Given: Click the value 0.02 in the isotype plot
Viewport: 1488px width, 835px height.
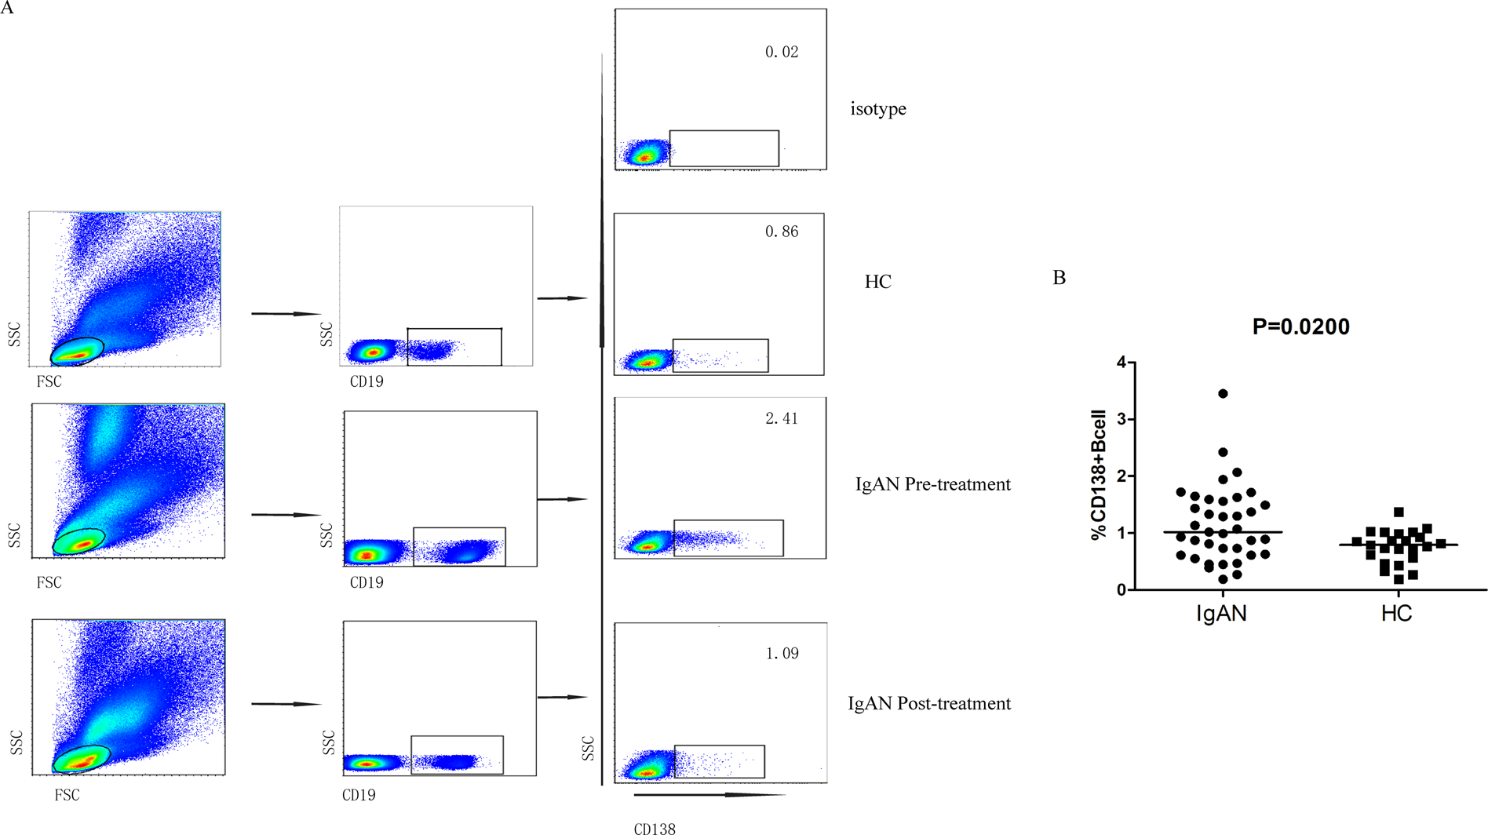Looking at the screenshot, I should [782, 53].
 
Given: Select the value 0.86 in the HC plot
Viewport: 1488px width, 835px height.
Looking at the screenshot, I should [782, 232].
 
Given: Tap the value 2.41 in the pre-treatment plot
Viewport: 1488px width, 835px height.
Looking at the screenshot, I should [782, 419].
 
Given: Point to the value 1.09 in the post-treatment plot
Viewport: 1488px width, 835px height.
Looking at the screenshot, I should [782, 654].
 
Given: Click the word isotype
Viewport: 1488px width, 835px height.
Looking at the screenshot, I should [878, 109].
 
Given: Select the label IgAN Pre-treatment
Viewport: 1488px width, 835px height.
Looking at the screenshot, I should [932, 484].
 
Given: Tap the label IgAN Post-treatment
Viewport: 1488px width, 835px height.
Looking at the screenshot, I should [929, 703].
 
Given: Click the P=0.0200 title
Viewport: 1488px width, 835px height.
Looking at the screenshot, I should [1300, 326].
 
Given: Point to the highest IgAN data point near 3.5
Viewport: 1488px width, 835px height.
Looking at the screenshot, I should [1223, 394].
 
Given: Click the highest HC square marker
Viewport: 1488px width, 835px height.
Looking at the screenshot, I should [1399, 512].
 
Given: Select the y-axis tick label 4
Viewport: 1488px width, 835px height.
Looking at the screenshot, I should [1121, 362].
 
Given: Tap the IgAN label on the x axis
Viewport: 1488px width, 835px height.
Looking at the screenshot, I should [1221, 613].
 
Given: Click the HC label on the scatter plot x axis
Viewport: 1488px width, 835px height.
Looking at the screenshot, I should [1396, 613].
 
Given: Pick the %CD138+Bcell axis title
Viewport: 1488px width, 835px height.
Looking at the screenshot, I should [1098, 475].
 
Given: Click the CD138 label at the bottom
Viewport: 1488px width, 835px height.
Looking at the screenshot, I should [655, 828].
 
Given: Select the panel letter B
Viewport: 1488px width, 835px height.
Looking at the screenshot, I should [1059, 278].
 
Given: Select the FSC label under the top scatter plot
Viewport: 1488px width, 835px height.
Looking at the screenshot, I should [49, 381].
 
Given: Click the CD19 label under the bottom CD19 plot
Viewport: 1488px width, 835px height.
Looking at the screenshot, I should [359, 795].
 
